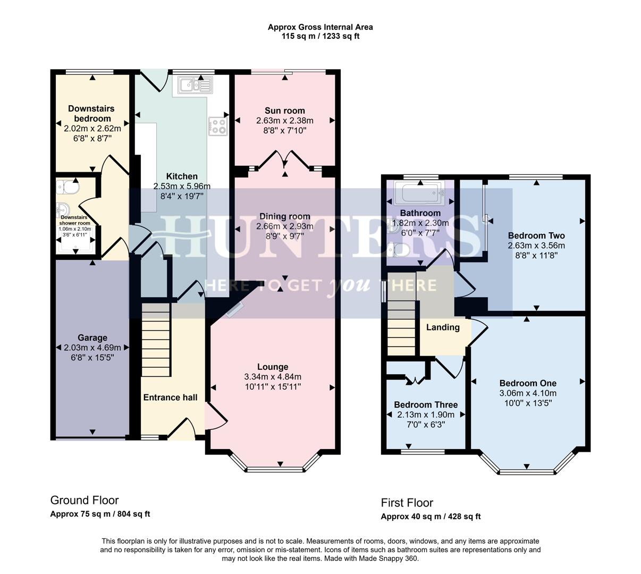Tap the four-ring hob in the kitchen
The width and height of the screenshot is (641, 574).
pos(217,126)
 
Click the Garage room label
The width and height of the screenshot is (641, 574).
pos(92,337)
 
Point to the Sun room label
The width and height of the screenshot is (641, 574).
pos(285,111)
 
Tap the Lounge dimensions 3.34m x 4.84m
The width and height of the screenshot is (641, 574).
pos(273,377)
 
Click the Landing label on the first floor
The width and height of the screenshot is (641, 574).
pos(443,327)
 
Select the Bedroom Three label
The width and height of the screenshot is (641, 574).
pos(426,404)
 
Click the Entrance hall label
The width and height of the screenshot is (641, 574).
pos(170,398)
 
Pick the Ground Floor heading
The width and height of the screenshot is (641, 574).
pos(85,500)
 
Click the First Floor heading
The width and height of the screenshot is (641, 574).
pos(407,503)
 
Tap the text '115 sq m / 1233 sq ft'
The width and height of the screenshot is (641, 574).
pos(320,36)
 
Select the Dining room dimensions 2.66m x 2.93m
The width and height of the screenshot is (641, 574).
pos(285,226)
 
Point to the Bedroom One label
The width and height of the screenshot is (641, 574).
pos(528,383)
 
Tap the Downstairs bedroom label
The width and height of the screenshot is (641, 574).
pos(91,113)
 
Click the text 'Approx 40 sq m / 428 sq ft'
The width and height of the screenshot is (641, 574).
pos(431,517)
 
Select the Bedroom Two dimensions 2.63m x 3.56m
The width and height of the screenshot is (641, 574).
pos(536,246)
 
